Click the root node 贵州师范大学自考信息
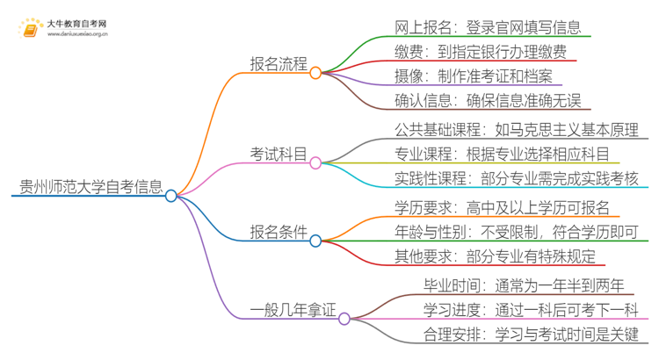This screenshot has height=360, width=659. (x=91, y=186)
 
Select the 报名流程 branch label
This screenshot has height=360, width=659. (x=279, y=64)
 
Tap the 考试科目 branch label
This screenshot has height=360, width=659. (x=279, y=155)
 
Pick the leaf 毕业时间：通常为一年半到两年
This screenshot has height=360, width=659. (x=524, y=286)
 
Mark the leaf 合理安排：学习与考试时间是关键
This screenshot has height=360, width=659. (x=531, y=334)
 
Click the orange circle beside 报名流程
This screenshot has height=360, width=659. (x=316, y=73)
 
